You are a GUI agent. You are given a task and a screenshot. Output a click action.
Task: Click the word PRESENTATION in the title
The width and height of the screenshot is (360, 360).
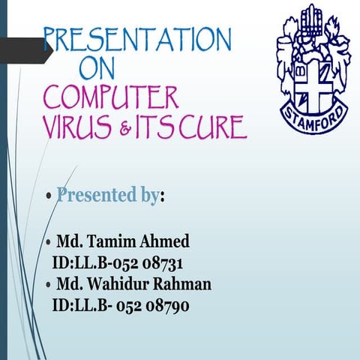pos(137,38)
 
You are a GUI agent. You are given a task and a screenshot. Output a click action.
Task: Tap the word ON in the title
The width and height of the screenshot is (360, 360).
pos(97,69)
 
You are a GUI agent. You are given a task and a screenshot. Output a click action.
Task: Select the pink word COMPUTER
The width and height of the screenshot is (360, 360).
pos(111,98)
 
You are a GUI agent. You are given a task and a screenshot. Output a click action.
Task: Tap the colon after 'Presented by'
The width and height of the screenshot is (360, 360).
pos(163,197)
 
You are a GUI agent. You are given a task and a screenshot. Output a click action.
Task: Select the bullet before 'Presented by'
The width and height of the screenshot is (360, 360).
pos(49,197)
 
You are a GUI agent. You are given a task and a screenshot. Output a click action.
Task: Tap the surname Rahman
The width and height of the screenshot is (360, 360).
pos(184,284)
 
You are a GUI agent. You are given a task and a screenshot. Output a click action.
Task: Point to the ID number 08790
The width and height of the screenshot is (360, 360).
pos(166,305)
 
